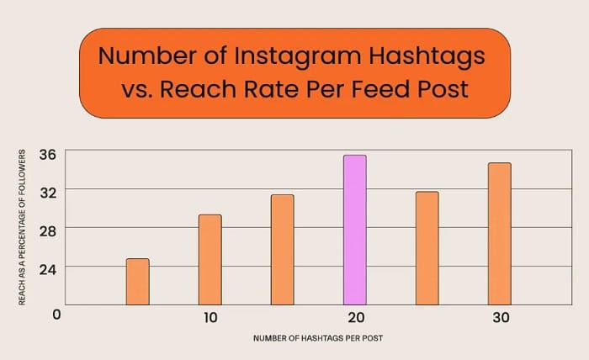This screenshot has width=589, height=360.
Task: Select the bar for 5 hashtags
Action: click(x=137, y=282)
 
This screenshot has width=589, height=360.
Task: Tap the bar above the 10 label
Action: click(x=210, y=260)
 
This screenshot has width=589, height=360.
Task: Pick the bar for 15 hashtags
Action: click(x=282, y=250)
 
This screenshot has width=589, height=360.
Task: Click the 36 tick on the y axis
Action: click(x=47, y=154)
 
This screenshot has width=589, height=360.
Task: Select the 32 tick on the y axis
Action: click(x=47, y=191)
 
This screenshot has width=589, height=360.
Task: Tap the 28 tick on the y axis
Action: click(x=47, y=229)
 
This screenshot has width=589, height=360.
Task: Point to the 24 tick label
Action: click(x=47, y=267)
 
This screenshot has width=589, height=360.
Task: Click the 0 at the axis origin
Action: click(x=56, y=314)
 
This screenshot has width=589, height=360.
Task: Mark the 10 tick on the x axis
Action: click(x=210, y=317)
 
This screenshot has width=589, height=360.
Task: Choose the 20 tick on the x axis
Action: click(x=354, y=317)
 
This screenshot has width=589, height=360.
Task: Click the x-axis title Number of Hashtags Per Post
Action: click(x=318, y=338)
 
